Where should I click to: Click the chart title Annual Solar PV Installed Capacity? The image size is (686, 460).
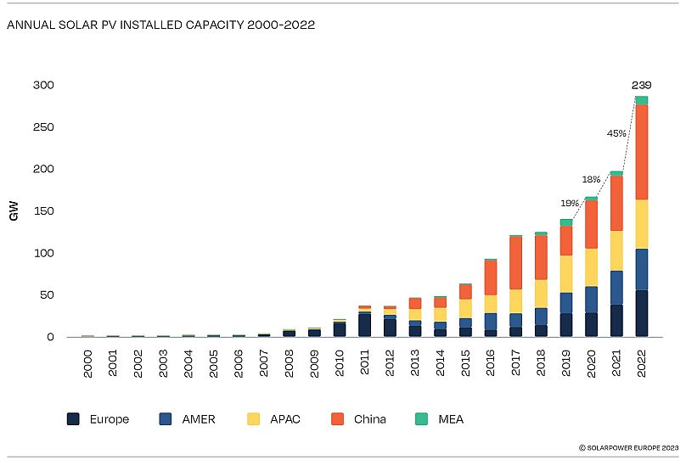[x=161, y=25]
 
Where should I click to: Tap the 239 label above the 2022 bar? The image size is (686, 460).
[x=642, y=85]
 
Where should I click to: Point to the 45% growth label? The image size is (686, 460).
[x=616, y=133]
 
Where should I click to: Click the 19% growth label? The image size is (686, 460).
[x=569, y=204]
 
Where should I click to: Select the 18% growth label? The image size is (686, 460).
[x=591, y=180]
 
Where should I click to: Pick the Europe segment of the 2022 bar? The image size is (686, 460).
[x=642, y=314]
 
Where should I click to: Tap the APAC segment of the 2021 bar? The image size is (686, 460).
[x=616, y=250]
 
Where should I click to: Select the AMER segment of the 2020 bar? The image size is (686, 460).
[x=591, y=300]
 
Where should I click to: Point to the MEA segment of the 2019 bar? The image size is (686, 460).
[x=565, y=222]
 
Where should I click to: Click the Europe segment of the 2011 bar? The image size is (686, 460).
[x=364, y=325]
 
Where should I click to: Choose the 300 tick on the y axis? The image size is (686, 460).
[x=43, y=85]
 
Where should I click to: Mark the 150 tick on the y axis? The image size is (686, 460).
[x=43, y=211]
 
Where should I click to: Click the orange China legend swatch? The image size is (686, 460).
[x=338, y=418]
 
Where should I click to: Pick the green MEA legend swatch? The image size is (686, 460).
[x=421, y=418]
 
